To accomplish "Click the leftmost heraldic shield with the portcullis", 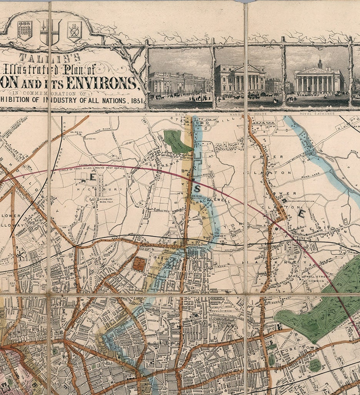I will [25, 30].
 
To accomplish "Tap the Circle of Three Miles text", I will [100, 168].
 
